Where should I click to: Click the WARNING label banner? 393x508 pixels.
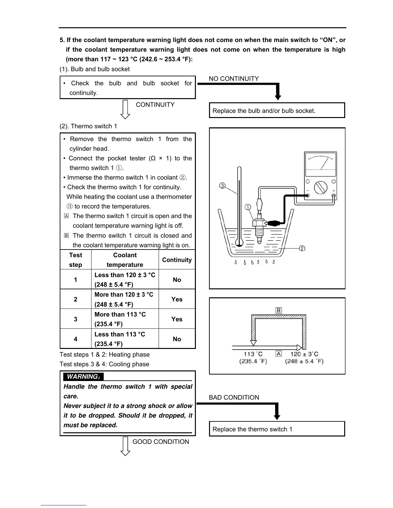[x=83, y=377]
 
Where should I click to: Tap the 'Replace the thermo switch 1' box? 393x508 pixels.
[x=277, y=429]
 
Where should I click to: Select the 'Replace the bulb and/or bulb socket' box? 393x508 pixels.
[x=277, y=111]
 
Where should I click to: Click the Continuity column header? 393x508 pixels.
[x=177, y=260]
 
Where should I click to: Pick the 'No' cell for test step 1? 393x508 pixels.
[x=177, y=280]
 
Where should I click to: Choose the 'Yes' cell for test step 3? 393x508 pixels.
[x=177, y=319]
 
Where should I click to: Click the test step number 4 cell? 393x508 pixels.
[x=75, y=339]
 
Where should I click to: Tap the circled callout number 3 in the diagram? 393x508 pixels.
[x=222, y=186]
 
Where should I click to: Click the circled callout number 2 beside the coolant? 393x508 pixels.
[x=302, y=248]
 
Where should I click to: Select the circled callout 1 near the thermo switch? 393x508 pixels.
[x=248, y=207]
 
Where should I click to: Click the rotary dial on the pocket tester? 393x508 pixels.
[x=320, y=187]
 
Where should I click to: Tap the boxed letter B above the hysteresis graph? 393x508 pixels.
[x=279, y=310]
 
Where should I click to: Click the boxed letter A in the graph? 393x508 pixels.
[x=279, y=354]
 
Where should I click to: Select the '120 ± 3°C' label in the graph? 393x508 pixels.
[x=304, y=354]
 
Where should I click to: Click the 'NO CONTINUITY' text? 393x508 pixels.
[x=234, y=79]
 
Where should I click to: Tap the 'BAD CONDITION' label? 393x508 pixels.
[x=234, y=397]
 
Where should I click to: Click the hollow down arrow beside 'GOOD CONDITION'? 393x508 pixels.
[x=125, y=446]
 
